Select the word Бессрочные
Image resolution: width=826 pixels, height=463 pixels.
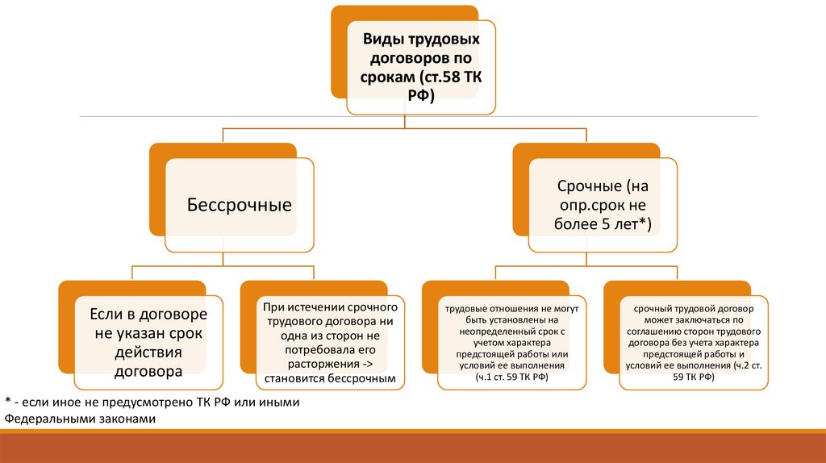pos(239,205)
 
